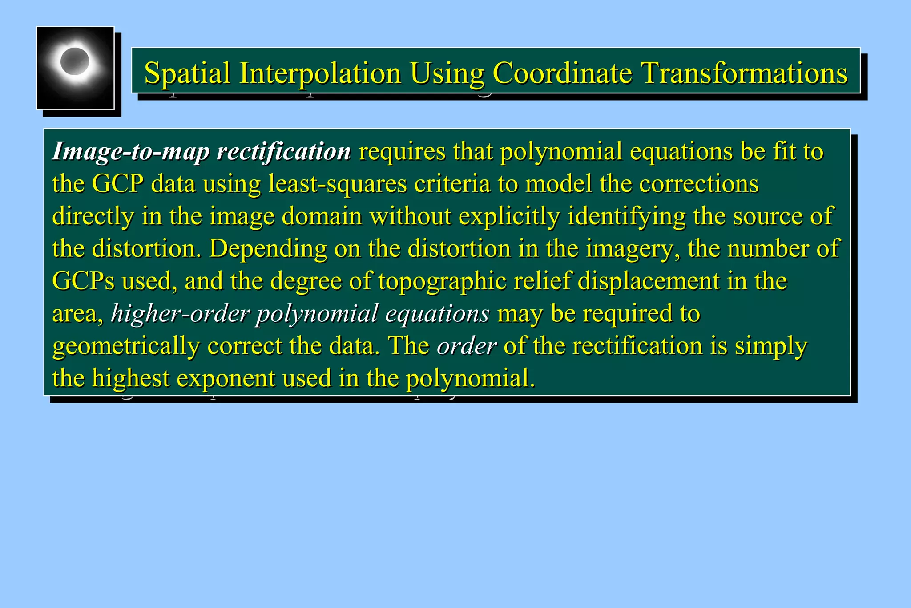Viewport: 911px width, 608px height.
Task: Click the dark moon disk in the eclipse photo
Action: (x=74, y=61)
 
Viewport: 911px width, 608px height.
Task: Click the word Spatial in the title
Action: (x=187, y=73)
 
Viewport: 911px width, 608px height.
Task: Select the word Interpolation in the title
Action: (x=320, y=73)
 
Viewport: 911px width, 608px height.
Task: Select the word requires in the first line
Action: (x=402, y=152)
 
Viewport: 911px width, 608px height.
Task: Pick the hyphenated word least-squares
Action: (x=338, y=184)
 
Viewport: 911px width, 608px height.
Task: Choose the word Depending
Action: (x=268, y=249)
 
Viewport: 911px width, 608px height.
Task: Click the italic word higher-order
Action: (x=180, y=313)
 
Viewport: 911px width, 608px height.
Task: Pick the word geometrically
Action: (x=126, y=346)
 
